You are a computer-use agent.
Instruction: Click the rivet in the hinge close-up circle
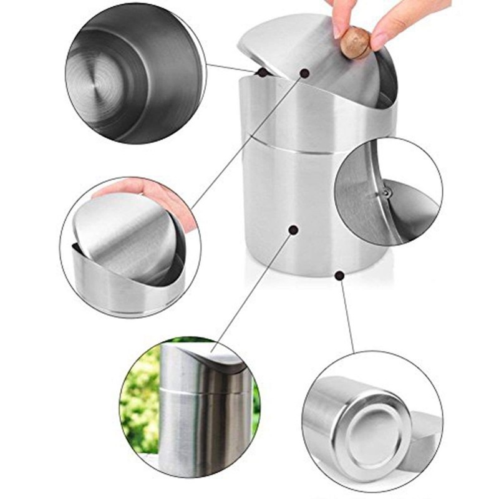[x=386, y=194]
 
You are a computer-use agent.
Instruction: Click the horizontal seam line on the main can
[x=312, y=145]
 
